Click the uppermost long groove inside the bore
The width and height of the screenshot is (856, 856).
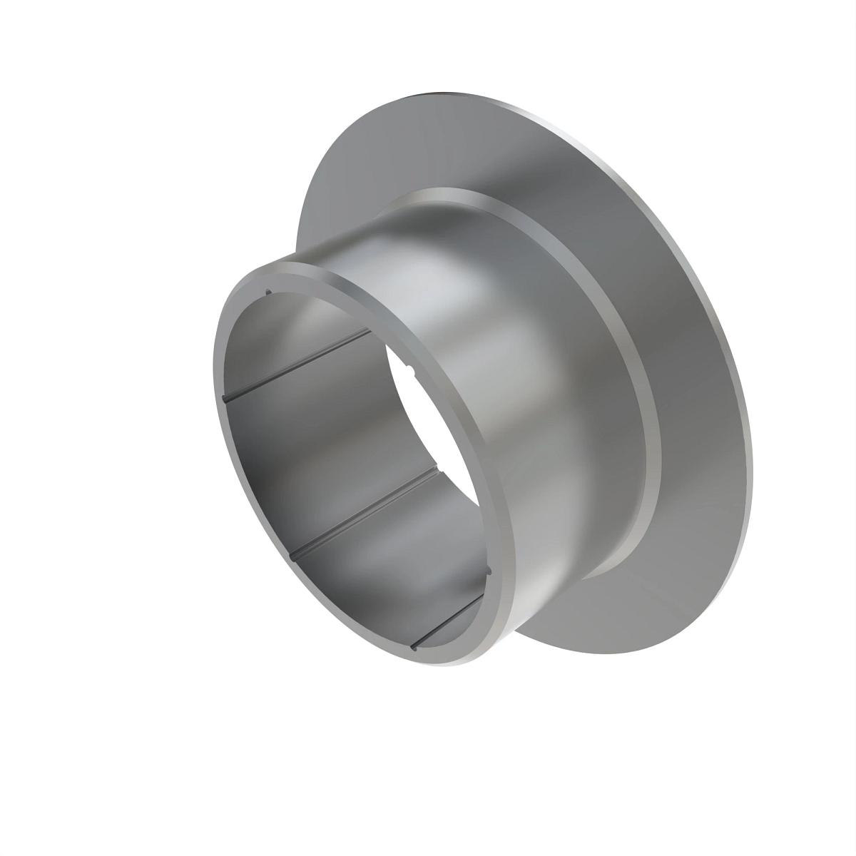point(300,364)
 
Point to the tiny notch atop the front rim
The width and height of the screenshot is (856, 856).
point(267,291)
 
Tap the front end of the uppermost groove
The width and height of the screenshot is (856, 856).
point(226,399)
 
